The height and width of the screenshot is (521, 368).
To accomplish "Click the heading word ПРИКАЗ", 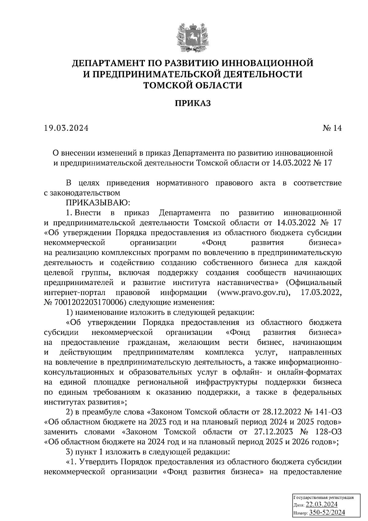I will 193,103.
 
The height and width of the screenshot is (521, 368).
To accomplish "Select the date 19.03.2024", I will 66,128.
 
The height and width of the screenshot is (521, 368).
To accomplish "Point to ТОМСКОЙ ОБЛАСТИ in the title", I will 193,85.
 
